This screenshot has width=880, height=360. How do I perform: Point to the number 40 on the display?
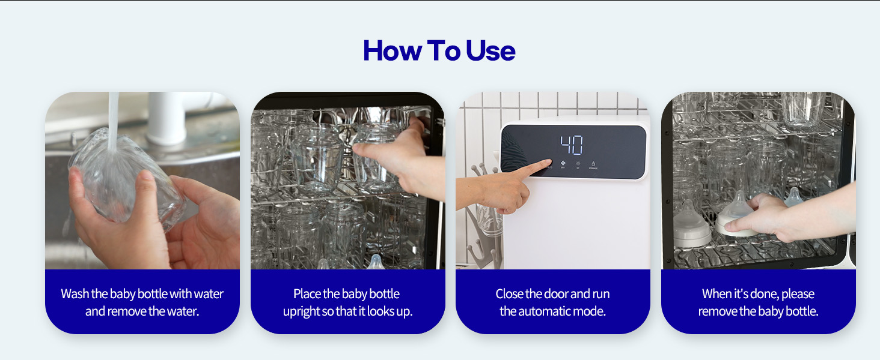pyautogui.click(x=572, y=146)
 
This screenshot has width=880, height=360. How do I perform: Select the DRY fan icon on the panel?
pyautogui.click(x=563, y=163)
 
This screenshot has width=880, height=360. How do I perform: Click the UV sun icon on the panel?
pyautogui.click(x=578, y=163)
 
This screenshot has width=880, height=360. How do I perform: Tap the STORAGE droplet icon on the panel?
pyautogui.click(x=593, y=163)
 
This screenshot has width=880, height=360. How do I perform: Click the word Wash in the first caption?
pyautogui.click(x=75, y=294)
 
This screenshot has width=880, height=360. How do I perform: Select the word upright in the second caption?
pyautogui.click(x=300, y=312)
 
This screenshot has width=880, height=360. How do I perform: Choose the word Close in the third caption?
pyautogui.click(x=509, y=294)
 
